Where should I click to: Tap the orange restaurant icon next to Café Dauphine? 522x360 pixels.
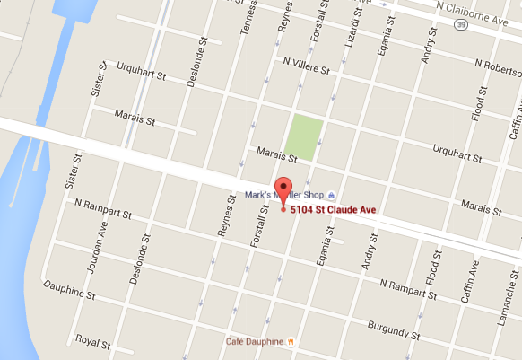click(291, 342)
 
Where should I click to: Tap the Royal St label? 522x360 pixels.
click(92, 342)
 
